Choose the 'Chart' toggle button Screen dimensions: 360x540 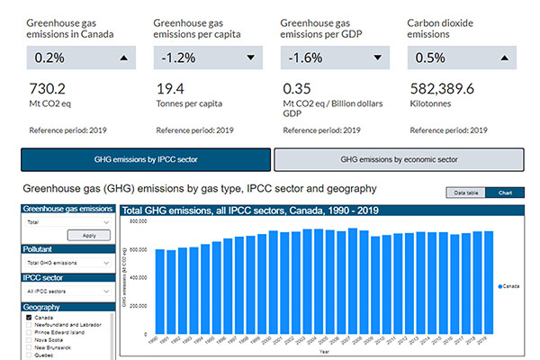pos(505,193)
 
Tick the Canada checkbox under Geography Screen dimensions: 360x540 pos(30,318)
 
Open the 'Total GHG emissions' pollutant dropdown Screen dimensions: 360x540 pos(67,262)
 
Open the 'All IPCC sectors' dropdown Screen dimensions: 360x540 pos(67,292)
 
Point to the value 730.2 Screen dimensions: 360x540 pos(49,89)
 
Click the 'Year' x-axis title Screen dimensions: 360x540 pos(323,353)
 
